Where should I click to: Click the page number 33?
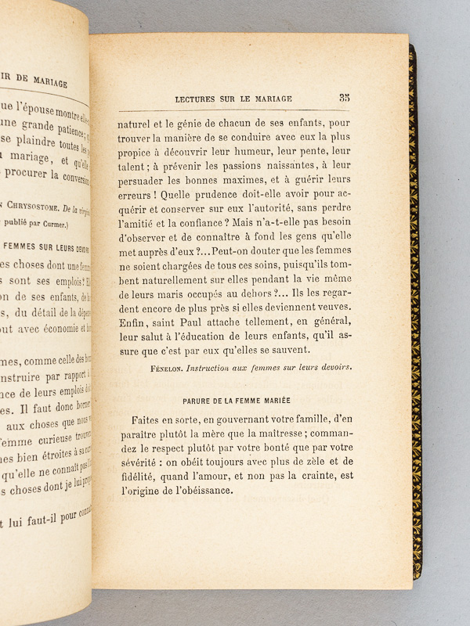pos(344,98)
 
